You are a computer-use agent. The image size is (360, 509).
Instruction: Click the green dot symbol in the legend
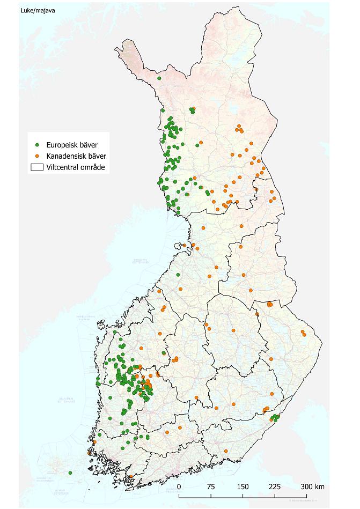37,145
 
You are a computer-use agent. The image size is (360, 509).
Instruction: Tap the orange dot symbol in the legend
37,156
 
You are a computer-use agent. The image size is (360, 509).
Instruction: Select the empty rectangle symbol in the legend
37,167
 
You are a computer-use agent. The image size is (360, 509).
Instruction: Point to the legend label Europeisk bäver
71,145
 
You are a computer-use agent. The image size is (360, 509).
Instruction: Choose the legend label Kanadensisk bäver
76,156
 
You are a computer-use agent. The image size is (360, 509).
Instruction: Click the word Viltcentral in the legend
63,167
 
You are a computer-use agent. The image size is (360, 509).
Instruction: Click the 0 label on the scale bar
179,486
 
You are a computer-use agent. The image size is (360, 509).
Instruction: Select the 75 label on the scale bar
210,486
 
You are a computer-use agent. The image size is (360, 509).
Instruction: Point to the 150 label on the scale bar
243,486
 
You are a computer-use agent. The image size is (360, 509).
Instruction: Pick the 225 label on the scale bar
275,486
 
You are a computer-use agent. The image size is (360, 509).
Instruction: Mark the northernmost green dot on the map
159,78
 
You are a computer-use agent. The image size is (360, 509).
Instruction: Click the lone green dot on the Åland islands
70,473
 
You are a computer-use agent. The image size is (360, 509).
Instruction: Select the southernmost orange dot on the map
130,476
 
